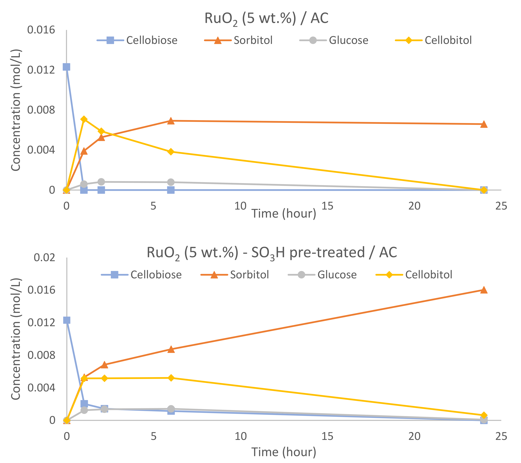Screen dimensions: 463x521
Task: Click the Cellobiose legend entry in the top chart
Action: [x=151, y=40]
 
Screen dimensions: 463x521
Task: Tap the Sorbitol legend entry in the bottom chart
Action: [x=249, y=275]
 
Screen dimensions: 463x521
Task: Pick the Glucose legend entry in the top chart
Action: [x=348, y=40]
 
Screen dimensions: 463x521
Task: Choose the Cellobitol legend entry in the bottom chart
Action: [x=428, y=275]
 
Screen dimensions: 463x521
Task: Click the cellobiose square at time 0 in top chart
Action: [x=66, y=67]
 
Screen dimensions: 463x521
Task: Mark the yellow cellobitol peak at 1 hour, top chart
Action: [x=84, y=119]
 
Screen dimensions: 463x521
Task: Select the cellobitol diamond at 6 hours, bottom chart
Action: [x=171, y=378]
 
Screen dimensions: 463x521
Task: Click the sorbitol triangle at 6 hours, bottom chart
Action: [x=171, y=349]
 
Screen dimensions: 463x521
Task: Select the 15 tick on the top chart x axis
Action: [x=327, y=206]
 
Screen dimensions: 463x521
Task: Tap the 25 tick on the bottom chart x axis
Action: [x=501, y=436]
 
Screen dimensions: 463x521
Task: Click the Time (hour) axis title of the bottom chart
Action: [x=284, y=452]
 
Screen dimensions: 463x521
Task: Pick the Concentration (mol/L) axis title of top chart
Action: [x=16, y=110]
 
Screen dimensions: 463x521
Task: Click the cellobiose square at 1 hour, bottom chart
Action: [x=84, y=404]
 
